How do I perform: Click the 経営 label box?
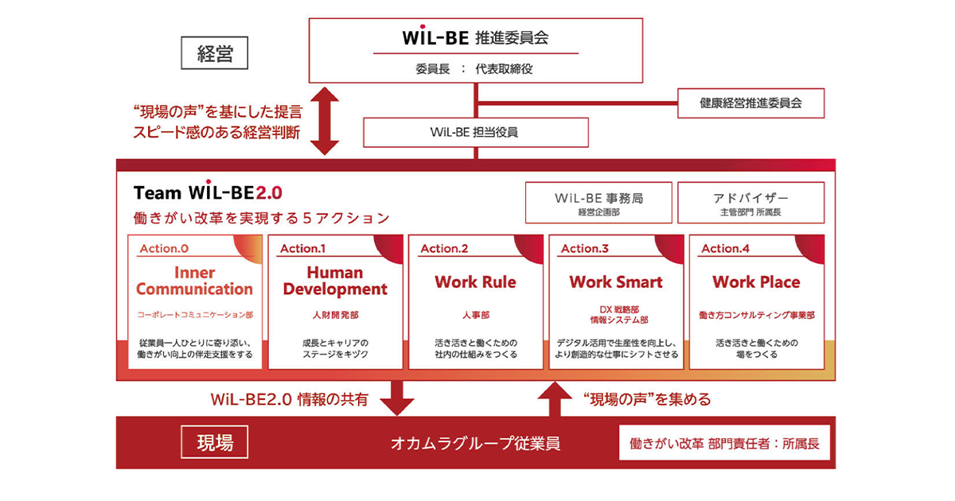(214, 52)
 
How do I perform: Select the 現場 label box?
(214, 442)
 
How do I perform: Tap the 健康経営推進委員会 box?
(750, 103)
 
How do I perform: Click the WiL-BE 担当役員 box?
(476, 133)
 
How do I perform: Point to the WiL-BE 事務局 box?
(598, 203)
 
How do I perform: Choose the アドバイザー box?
(750, 203)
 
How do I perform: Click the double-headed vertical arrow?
(325, 121)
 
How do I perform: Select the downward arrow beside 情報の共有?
(397, 398)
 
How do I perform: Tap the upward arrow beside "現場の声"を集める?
(555, 398)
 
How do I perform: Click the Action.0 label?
(164, 248)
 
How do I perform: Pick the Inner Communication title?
(194, 281)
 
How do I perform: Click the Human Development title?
(335, 281)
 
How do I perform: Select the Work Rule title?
(475, 282)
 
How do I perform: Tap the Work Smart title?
(616, 282)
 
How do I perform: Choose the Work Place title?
(756, 282)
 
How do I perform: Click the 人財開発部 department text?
(336, 315)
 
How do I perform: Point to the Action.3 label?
(585, 248)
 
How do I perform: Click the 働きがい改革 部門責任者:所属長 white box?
(724, 443)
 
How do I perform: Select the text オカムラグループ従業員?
(475, 444)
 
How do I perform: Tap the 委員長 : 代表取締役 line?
(474, 69)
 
